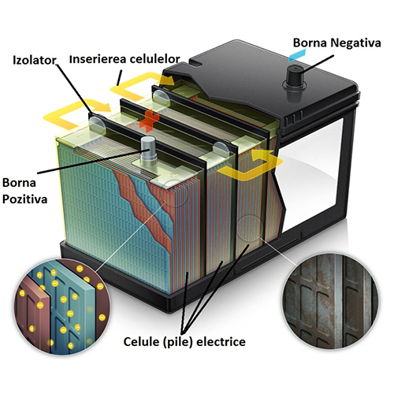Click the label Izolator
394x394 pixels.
(34, 60)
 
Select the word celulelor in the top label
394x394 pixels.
(154, 59)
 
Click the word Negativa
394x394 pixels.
(355, 43)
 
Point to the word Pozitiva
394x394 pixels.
(24, 199)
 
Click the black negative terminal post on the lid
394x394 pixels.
(294, 77)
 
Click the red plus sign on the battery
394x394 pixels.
(149, 120)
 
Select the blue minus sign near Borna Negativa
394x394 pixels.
(297, 57)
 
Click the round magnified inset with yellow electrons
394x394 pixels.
(62, 307)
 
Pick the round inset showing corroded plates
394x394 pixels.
(329, 301)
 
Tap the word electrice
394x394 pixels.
(221, 342)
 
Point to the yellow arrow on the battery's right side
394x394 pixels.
(251, 165)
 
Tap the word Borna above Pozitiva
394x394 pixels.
(19, 183)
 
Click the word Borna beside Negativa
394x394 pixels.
(310, 43)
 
